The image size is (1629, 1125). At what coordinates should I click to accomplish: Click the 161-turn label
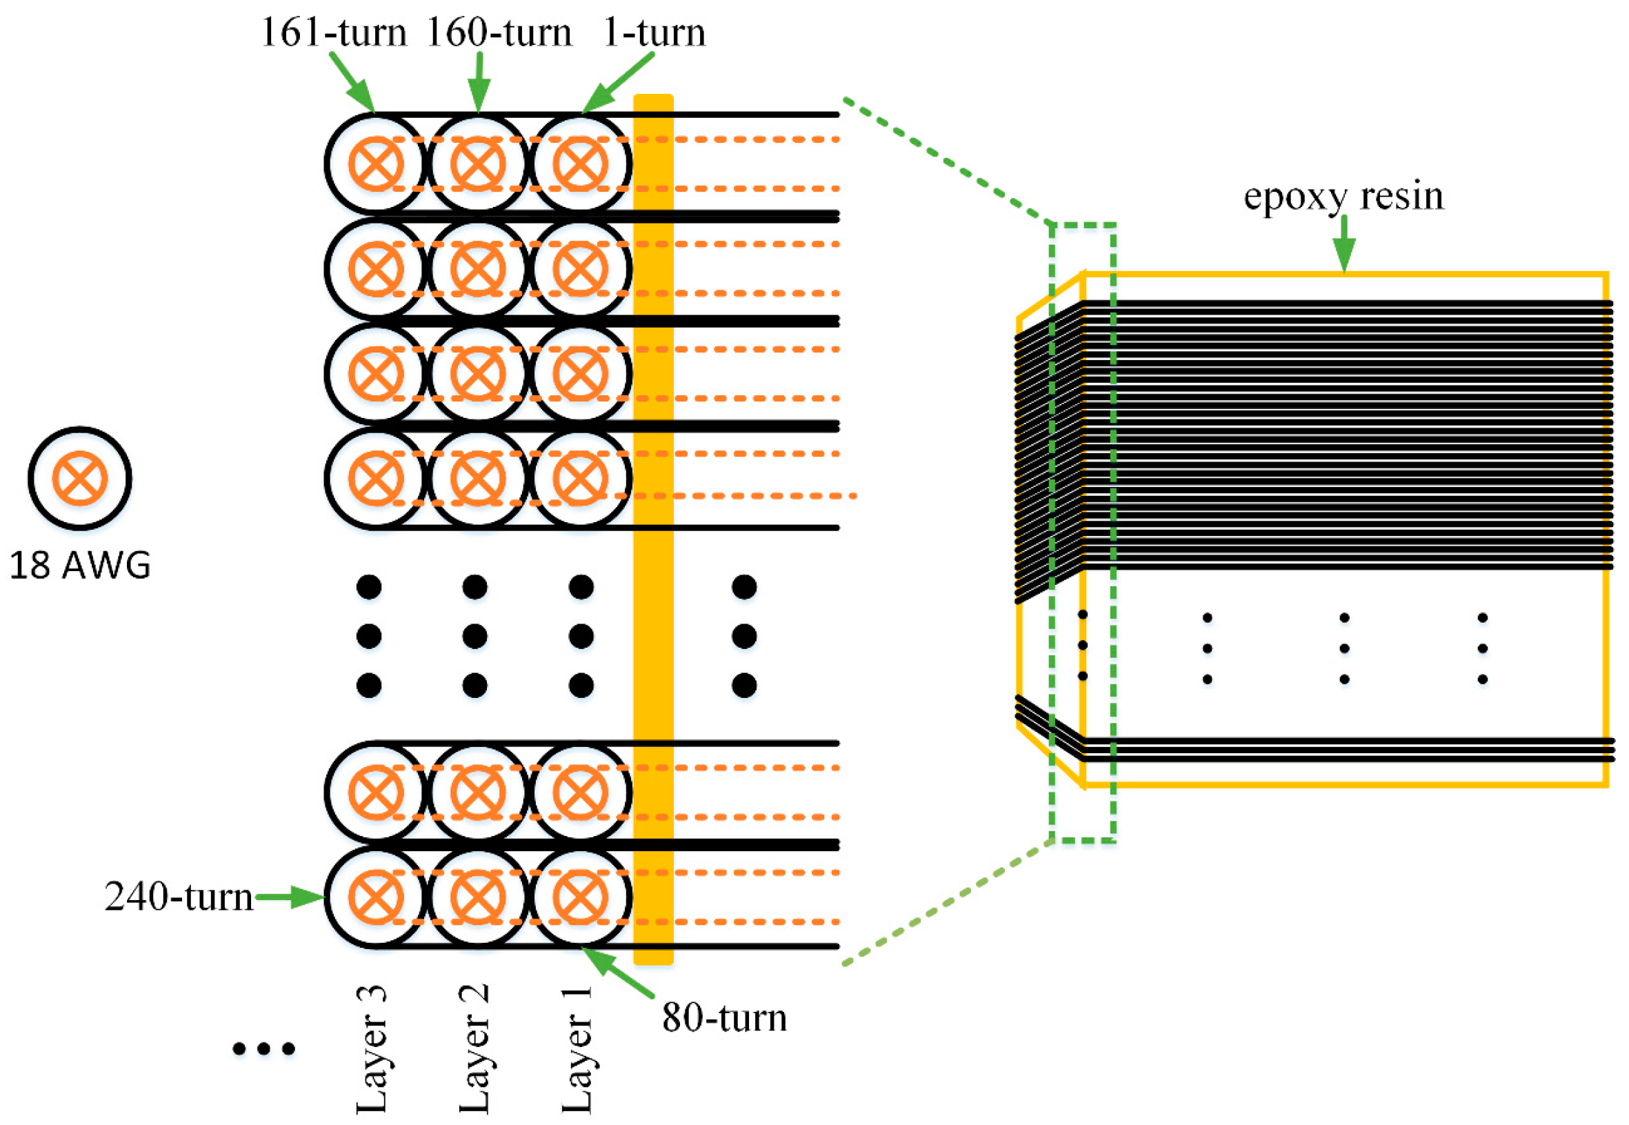click(334, 32)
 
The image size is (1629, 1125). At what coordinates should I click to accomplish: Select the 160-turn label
click(499, 32)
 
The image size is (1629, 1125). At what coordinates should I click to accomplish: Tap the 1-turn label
click(654, 32)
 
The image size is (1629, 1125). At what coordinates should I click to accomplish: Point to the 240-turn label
click(179, 897)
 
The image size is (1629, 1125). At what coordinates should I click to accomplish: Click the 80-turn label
click(723, 1018)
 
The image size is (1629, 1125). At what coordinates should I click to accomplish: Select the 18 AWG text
click(79, 566)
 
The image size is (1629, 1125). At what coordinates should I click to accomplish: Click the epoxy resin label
click(1343, 195)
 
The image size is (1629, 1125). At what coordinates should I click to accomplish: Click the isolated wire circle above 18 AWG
click(79, 479)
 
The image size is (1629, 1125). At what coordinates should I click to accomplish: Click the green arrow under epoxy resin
click(1343, 243)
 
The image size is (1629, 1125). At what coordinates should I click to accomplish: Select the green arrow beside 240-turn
click(289, 897)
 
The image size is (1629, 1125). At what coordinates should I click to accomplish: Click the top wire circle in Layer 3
click(376, 164)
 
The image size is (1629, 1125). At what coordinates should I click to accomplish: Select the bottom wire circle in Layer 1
click(580, 897)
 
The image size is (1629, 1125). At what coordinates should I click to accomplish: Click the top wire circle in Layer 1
click(580, 164)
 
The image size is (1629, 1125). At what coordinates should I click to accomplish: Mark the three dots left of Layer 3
click(263, 1050)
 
